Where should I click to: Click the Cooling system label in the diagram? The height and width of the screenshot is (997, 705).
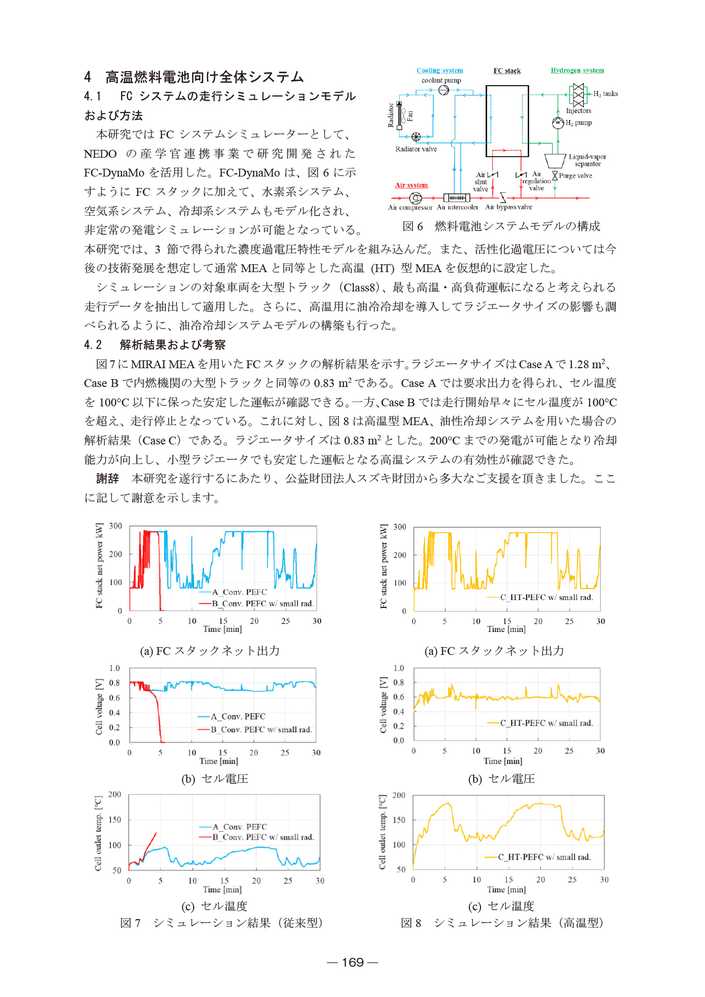[x=440, y=71]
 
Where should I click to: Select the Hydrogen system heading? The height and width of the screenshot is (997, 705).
[x=577, y=71]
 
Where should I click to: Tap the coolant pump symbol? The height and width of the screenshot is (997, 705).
[x=443, y=90]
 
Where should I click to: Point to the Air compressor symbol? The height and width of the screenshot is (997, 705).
[x=416, y=198]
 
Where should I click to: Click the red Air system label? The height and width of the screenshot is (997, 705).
[x=411, y=185]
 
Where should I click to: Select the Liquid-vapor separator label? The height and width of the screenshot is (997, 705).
[x=587, y=160]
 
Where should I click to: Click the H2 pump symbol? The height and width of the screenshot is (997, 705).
[x=558, y=123]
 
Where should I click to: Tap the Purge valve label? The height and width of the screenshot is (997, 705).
[x=575, y=175]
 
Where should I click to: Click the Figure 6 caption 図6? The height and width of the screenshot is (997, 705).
[x=413, y=226]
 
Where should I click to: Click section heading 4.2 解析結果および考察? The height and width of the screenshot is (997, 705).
[x=155, y=345]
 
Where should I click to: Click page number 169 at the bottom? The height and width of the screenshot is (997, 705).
[x=352, y=962]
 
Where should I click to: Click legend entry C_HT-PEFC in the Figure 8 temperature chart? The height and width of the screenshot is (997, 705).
[x=544, y=857]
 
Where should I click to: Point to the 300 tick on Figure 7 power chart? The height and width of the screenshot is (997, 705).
[x=115, y=526]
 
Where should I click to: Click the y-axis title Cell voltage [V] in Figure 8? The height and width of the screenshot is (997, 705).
[x=383, y=705]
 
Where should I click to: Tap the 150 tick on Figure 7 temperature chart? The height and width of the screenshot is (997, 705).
[x=115, y=820]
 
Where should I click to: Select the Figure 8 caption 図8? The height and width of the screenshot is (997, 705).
[x=412, y=923]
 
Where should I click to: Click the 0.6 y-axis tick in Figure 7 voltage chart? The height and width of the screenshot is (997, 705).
[x=114, y=698]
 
